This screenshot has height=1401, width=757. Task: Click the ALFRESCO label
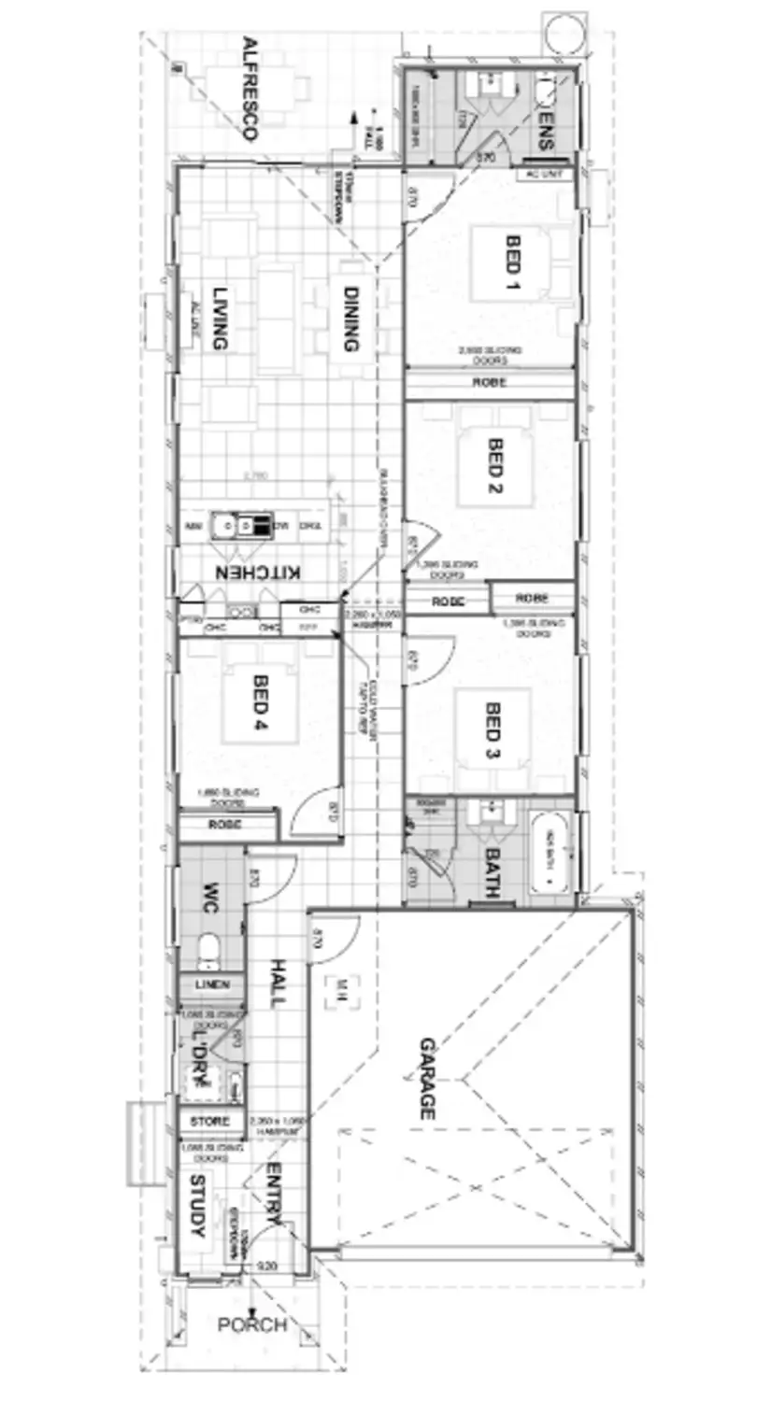249,88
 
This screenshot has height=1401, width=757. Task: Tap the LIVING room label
220,318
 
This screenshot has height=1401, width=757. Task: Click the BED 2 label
495,467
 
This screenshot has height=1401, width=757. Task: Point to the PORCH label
251,1324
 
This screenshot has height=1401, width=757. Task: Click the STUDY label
197,1206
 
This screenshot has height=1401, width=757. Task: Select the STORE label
210,1120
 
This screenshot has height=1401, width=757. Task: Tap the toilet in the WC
209,951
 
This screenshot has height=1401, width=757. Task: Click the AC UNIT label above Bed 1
546,174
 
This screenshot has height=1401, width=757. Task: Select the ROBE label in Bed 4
225,825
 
